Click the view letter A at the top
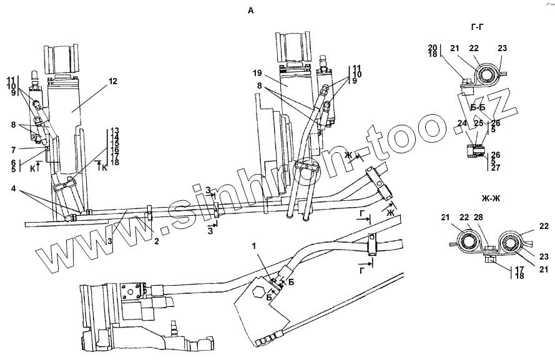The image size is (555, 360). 251,11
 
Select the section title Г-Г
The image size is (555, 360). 480,27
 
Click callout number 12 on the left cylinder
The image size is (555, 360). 112,80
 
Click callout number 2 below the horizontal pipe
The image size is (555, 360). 157,239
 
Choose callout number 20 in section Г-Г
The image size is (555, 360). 432,47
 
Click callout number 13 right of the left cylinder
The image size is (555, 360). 115,131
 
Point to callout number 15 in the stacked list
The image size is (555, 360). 115,144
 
